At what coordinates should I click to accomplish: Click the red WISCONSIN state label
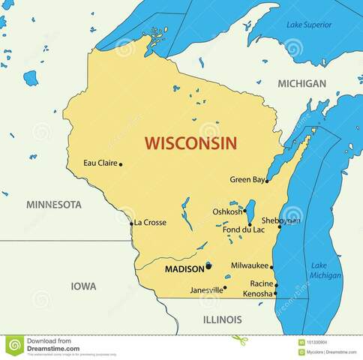coord(190,142)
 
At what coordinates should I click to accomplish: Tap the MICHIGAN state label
coord(302,83)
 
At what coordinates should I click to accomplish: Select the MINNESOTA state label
coord(53,204)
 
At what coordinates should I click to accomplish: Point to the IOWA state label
coord(82,286)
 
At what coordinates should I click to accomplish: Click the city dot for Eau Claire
coord(121,163)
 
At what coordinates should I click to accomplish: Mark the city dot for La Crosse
coord(131,223)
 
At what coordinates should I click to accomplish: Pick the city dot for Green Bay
coord(267,181)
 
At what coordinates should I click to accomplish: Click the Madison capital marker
coord(209,265)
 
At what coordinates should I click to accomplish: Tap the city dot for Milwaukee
coord(271,266)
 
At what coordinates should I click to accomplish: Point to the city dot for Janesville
coord(226,288)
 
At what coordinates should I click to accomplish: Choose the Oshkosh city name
coord(227,212)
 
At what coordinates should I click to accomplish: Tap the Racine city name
coord(261,283)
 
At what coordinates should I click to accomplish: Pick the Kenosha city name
coord(258,294)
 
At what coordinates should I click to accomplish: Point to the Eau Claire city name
coord(100,163)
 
